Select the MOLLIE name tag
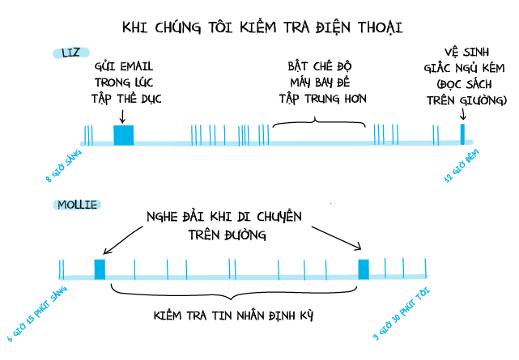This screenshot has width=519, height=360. pos(77,204)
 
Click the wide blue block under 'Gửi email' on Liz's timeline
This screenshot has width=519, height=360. pos(123,135)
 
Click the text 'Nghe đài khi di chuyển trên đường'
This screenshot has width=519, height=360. pos(223,226)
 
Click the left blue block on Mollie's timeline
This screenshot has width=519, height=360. pos(100,269)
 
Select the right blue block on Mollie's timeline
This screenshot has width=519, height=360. pos(364,269)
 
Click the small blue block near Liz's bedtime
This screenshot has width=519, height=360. pos(463,134)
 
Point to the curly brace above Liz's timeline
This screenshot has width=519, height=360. pos(318,123)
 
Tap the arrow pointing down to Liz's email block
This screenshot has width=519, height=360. pos(122,116)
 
